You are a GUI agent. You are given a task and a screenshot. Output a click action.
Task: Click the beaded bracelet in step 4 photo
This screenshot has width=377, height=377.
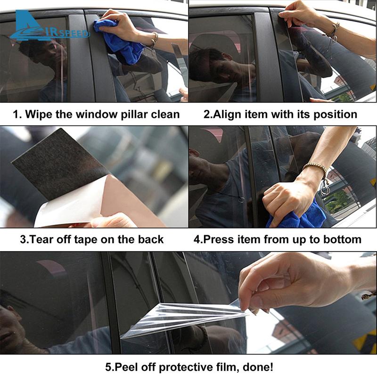click(315, 167)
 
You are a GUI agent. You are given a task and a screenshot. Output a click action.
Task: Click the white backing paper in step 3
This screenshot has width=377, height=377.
click(71, 207)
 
